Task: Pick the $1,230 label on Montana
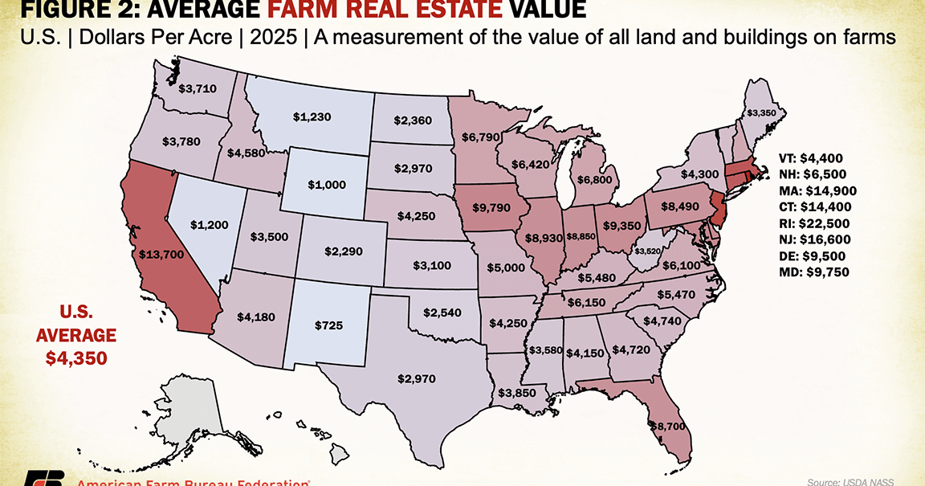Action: pyautogui.click(x=311, y=117)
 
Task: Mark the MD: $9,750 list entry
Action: pyautogui.click(x=815, y=272)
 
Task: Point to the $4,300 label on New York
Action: pyautogui.click(x=700, y=174)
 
